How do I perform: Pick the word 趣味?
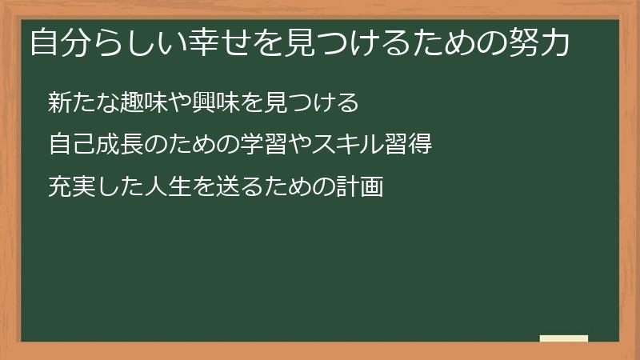coord(143,102)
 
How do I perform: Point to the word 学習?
coord(239,145)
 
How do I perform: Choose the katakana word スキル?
coord(325,145)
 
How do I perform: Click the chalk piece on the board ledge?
coord(564,338)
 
